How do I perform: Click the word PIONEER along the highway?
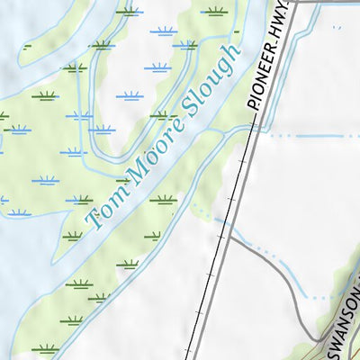[x=265, y=75]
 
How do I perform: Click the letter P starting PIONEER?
[x=256, y=103]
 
